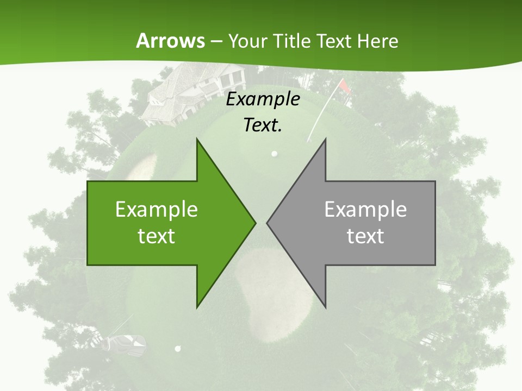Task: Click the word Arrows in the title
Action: point(170,41)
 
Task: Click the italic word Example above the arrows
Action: point(263,99)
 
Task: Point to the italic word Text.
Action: point(263,125)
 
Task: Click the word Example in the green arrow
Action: point(157,209)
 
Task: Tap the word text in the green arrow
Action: point(157,236)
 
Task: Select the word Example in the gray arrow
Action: point(365,209)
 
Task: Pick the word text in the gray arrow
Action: point(365,236)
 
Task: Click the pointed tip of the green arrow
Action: point(254,223)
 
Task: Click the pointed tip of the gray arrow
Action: point(268,223)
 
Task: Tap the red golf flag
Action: point(345,87)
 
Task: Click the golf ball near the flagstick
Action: point(275,154)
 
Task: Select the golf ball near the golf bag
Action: point(177,348)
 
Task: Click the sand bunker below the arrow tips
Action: point(275,282)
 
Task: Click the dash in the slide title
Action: point(216,41)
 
